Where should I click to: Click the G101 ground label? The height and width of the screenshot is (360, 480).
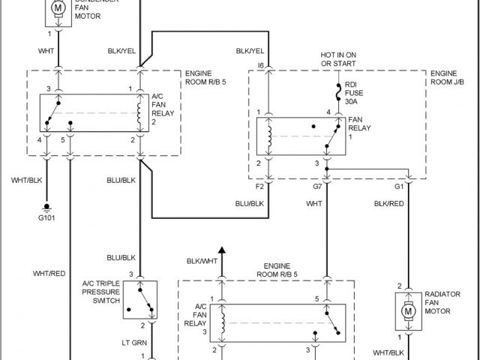pos(46,219)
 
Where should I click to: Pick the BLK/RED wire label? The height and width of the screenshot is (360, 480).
pos(389,202)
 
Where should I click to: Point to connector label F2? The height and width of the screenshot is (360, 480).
pos(259,185)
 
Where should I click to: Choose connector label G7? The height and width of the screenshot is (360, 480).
pos(318,185)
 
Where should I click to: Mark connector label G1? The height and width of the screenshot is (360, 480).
pos(399,185)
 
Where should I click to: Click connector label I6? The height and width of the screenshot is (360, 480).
pos(261,67)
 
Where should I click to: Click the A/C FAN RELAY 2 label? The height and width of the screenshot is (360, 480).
pos(163,108)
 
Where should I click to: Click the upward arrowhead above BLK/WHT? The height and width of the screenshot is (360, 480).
pos(221,250)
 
